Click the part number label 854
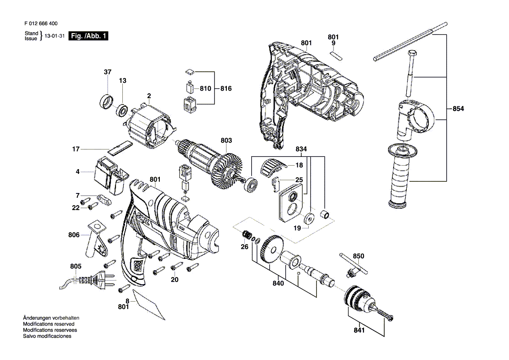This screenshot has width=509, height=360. (458, 109)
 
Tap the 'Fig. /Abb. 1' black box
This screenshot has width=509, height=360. (88, 36)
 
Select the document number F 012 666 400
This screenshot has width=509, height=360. (41, 24)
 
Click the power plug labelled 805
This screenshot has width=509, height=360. (88, 280)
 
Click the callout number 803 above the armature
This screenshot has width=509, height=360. (226, 140)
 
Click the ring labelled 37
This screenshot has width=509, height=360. (106, 101)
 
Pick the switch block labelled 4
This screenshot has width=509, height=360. (109, 176)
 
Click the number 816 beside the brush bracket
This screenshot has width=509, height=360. (226, 88)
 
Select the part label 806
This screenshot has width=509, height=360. (74, 234)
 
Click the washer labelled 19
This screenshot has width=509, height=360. (309, 218)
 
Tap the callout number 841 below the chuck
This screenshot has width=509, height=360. (359, 330)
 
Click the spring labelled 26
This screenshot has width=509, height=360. (247, 234)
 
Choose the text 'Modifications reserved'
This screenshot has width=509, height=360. (49, 324)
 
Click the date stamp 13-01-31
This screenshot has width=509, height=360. (54, 36)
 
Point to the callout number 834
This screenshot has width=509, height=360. (301, 149)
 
